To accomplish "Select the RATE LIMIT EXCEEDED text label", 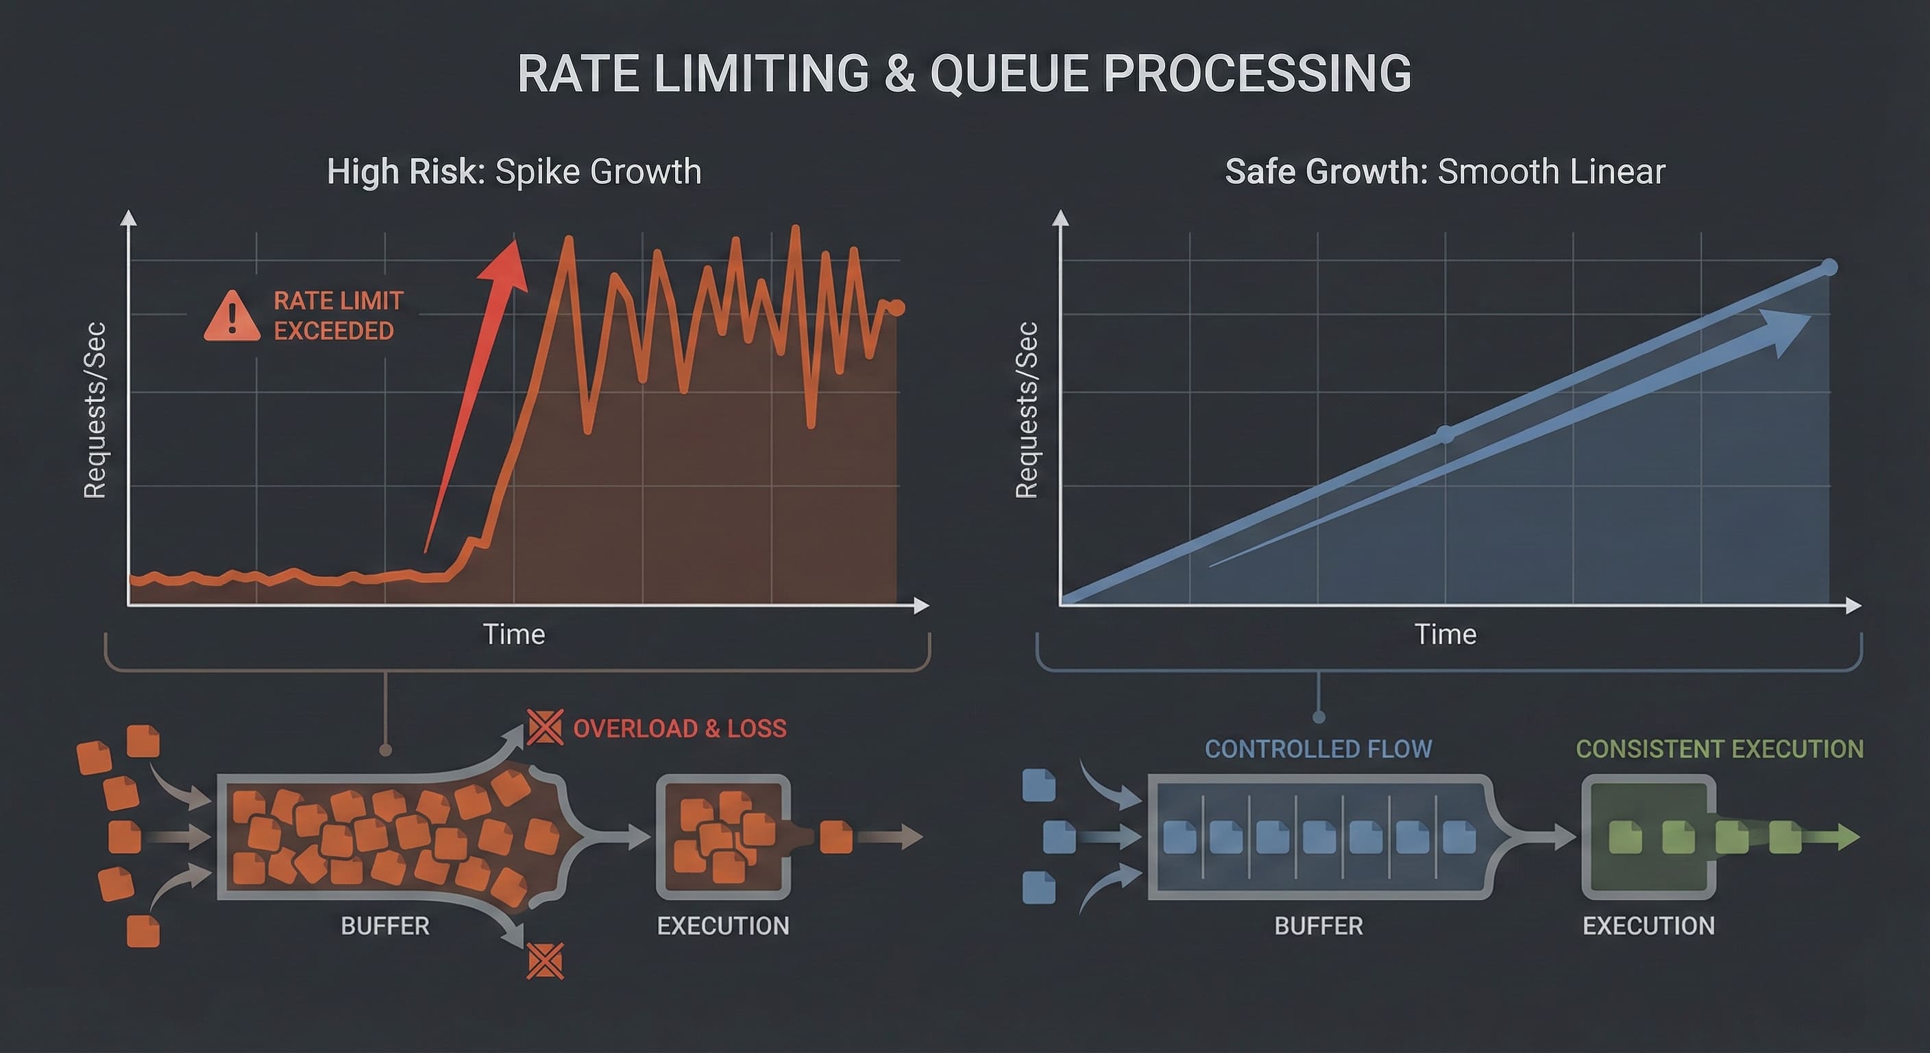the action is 339,315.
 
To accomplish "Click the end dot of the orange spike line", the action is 897,307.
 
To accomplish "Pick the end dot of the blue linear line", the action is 1828,267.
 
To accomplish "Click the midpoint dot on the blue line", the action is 1445,435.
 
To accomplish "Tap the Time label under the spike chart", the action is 514,635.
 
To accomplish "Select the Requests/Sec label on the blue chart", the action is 1027,410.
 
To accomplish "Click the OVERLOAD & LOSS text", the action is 680,729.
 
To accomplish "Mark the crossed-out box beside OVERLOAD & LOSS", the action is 545,726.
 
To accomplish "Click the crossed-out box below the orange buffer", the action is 545,961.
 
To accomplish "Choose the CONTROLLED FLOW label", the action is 1318,749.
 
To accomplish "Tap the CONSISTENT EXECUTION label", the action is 1720,749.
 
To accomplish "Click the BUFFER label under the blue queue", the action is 1319,926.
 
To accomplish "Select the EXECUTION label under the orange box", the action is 723,926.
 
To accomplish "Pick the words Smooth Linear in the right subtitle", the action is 1552,171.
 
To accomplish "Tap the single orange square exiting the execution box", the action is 836,837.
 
